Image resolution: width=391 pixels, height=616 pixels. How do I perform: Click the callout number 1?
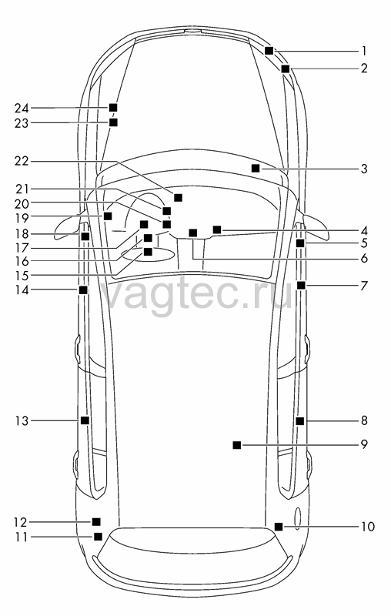coord(364,51)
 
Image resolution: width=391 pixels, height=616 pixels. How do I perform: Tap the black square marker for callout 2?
coord(286,69)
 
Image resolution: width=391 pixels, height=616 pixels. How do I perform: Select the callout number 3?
coord(364,169)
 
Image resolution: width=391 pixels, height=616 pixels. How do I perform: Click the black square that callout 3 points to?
coord(256,168)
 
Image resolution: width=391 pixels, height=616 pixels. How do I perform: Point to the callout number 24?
coord(22,108)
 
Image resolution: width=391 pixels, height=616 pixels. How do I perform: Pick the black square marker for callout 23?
coord(113,122)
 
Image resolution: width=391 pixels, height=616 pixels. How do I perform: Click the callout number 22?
coord(22,161)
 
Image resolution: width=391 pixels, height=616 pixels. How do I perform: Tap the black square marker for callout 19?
coord(108,216)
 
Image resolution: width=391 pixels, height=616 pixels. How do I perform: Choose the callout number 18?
coord(22,234)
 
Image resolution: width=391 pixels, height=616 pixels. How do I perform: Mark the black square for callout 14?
coord(83,290)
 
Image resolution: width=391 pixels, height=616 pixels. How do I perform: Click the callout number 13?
coord(22,421)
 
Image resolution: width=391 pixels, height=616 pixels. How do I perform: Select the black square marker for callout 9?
coord(237,445)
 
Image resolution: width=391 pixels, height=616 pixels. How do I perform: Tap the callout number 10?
coord(368,527)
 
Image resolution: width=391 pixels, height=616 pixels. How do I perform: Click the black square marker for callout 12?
coord(96,522)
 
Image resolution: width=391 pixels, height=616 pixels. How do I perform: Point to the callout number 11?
coord(22,537)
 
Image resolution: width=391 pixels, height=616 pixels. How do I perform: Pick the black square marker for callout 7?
coord(301,285)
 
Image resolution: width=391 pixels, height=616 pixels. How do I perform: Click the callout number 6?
coord(364,259)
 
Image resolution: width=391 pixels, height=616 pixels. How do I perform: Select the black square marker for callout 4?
coord(217,229)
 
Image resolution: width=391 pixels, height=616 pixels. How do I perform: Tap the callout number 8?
coord(364,420)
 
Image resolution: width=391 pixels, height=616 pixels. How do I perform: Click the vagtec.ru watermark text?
coord(196,293)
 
